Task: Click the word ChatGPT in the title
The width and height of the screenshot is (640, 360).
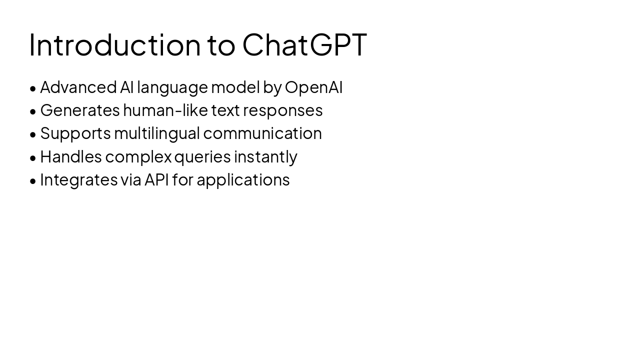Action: [304, 45]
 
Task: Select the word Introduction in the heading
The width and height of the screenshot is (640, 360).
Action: [115, 45]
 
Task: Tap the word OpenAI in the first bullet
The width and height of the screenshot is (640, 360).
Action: [313, 87]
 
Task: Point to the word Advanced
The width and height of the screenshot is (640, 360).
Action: [78, 87]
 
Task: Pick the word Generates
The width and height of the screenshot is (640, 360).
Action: [80, 110]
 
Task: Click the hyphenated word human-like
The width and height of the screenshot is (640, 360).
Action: [165, 110]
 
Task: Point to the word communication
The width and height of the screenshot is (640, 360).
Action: [262, 133]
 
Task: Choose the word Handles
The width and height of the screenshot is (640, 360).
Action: [71, 156]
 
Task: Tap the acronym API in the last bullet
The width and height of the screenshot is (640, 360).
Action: [156, 179]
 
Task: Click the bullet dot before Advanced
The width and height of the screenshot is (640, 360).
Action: [33, 88]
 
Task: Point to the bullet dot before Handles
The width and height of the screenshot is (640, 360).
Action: [33, 158]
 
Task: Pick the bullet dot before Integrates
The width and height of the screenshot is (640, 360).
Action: [33, 181]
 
